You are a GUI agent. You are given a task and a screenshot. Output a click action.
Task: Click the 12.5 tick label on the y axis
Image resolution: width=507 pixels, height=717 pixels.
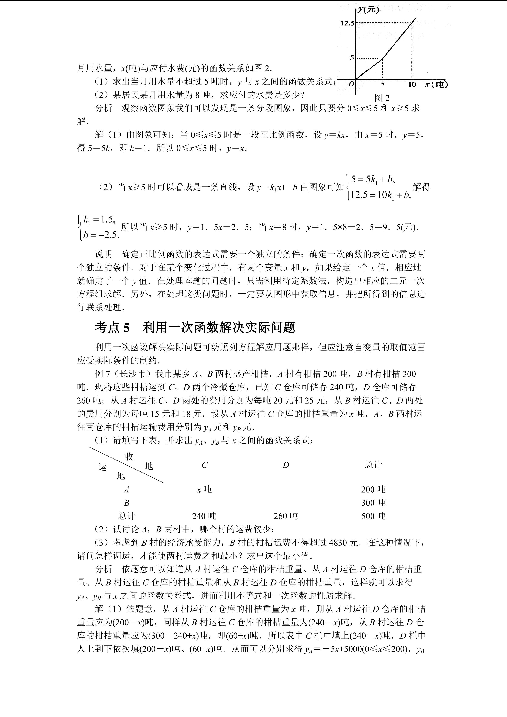click(x=347, y=23)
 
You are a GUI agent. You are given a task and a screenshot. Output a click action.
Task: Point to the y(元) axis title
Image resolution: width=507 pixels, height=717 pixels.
click(x=368, y=9)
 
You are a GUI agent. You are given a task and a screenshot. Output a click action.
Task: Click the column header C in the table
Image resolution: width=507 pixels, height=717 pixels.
click(x=204, y=465)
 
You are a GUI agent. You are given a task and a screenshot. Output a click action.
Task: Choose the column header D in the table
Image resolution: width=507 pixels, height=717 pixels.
click(x=286, y=465)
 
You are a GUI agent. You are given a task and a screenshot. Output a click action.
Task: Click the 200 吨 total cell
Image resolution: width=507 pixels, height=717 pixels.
click(x=373, y=489)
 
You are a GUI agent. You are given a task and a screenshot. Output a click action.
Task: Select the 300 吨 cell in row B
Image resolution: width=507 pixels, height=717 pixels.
click(x=373, y=503)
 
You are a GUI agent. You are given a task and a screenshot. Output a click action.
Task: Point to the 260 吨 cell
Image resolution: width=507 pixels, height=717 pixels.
click(x=286, y=516)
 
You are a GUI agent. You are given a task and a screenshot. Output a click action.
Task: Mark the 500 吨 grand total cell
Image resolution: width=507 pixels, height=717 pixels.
click(x=373, y=516)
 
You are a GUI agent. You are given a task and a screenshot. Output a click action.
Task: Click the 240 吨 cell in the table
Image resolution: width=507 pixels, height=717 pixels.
click(x=204, y=516)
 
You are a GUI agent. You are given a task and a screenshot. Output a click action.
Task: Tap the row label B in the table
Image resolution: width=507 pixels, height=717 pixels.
click(x=126, y=503)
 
